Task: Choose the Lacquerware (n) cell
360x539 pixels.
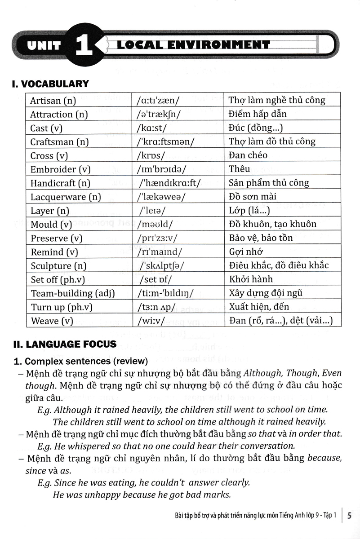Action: tap(66, 197)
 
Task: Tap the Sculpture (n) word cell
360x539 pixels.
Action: tap(58, 266)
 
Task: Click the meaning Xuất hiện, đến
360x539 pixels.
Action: tap(258, 307)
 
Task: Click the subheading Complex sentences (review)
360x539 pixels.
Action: tap(86, 361)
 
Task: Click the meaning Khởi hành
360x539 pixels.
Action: tap(250, 279)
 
